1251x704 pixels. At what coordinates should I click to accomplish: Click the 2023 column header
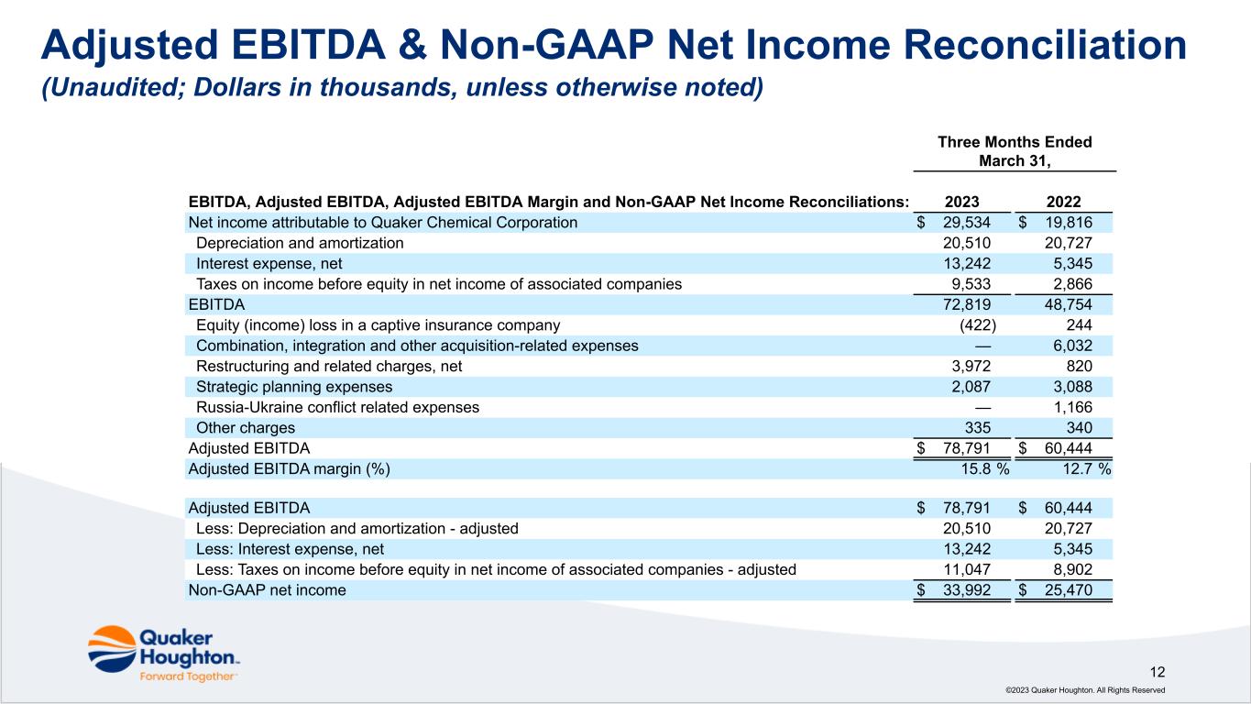(960, 203)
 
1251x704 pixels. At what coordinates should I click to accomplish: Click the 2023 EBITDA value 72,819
(966, 304)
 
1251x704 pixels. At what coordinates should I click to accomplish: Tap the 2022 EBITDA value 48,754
(1067, 304)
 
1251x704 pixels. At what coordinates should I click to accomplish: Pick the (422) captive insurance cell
(978, 325)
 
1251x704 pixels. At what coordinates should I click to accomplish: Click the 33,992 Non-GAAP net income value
(966, 590)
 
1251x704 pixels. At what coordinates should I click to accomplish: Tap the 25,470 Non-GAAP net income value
(1067, 590)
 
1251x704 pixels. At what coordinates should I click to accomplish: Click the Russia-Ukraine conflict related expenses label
(337, 407)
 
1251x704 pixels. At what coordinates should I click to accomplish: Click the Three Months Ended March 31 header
(1015, 151)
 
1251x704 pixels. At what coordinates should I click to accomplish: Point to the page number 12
(1158, 671)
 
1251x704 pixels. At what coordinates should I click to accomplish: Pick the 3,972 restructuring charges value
(970, 366)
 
